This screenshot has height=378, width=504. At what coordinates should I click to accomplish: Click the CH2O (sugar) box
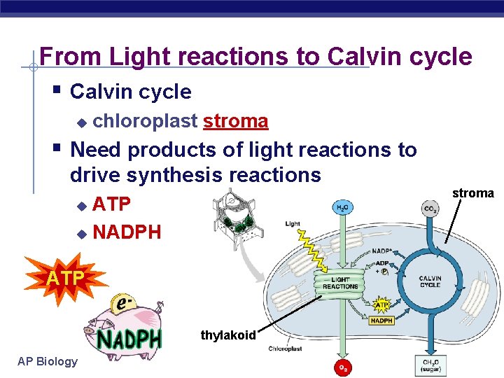[429, 365]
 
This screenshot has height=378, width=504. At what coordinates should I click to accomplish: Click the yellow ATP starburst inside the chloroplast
[381, 305]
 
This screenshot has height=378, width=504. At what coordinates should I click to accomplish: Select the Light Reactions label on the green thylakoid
[340, 283]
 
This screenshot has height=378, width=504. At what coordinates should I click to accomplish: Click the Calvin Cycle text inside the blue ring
[430, 281]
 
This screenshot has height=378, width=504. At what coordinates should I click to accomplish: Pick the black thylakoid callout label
[228, 335]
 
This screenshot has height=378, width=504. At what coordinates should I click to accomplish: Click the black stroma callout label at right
[472, 193]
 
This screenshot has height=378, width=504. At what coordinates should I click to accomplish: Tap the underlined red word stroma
[235, 121]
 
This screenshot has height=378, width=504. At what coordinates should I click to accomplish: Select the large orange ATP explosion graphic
[66, 279]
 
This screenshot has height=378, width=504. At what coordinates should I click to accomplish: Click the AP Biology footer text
[48, 361]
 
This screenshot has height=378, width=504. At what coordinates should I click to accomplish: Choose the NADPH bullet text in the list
[127, 231]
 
